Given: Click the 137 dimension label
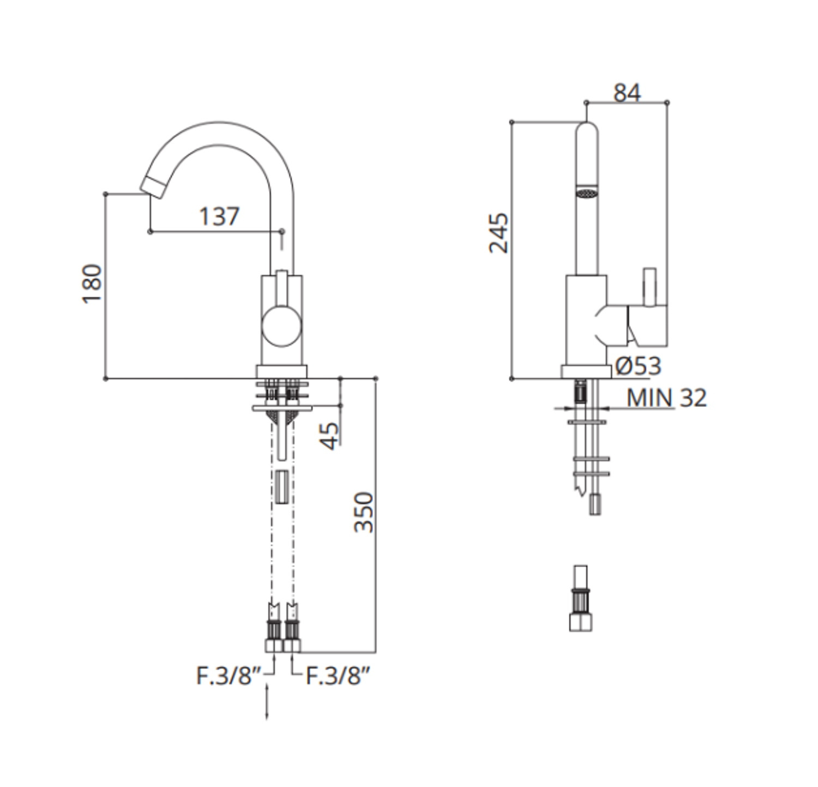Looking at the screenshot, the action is pos(219,217).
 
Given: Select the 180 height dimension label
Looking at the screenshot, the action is pos(92,284).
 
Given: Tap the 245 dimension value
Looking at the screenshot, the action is pos(498,233).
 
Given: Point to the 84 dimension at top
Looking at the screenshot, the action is pos(627,93).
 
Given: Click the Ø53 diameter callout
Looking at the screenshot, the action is pos(638,366).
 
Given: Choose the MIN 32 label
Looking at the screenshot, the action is pos(666,398).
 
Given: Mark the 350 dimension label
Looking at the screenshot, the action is pos(364,512).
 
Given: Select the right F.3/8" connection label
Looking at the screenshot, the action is pos(338,676).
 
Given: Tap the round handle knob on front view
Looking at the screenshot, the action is pos(281,327).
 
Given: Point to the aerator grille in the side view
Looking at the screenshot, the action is pos(587,193).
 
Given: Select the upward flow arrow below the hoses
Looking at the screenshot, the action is pos(267,704).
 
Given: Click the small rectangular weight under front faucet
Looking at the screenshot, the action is pos(281,486).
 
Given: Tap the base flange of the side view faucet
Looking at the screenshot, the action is pos(586,371).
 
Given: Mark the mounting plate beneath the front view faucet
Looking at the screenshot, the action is pos(281,408).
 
